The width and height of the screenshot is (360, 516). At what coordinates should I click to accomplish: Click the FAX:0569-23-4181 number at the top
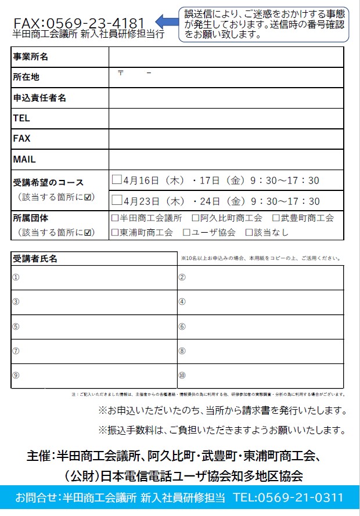79,23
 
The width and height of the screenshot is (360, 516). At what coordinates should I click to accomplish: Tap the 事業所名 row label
30,57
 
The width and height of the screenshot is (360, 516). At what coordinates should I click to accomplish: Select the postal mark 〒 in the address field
121,73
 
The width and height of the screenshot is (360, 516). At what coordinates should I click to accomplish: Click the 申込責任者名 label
39,98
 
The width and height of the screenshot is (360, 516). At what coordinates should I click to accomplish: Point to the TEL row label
21,118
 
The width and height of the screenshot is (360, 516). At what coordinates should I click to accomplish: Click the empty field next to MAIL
226,159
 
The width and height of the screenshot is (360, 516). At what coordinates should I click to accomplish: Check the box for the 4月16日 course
117,180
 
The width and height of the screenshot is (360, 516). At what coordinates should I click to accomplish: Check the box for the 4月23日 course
117,201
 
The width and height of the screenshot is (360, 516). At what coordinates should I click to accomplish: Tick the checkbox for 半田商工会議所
115,219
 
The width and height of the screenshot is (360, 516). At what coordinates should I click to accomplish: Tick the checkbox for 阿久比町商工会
196,219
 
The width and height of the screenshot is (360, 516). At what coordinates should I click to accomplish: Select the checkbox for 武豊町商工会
276,219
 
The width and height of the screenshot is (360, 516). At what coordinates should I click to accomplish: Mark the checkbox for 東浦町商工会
115,233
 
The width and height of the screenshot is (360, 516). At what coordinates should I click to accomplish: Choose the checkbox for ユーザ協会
187,233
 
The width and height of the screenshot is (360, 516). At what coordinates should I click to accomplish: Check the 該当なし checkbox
250,233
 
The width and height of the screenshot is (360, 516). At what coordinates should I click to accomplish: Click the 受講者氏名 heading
35,258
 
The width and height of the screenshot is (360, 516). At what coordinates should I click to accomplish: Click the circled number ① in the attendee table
16,277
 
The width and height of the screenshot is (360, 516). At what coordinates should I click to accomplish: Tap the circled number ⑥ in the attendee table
182,326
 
